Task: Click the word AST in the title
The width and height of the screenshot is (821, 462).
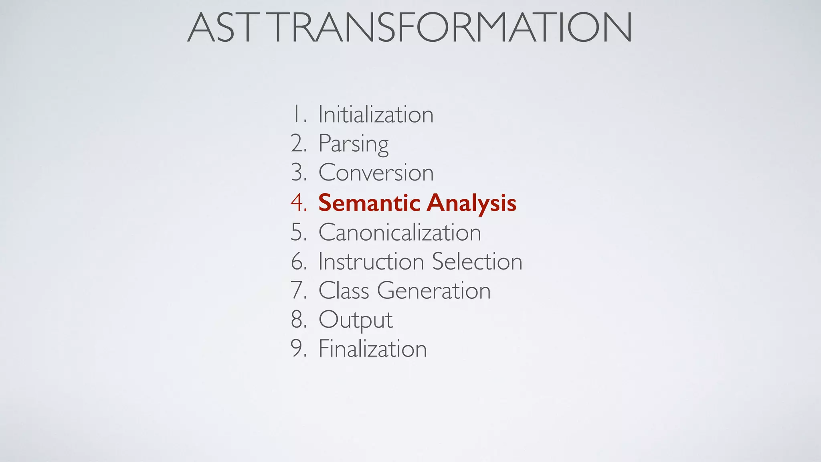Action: pyautogui.click(x=220, y=27)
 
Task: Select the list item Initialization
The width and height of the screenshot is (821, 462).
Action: pyautogui.click(x=376, y=115)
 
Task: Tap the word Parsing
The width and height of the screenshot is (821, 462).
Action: pyautogui.click(x=353, y=144)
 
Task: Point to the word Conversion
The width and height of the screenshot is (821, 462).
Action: pyautogui.click(x=376, y=173)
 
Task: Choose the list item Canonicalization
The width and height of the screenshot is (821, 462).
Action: pyautogui.click(x=399, y=232)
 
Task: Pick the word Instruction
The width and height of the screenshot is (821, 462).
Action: pyautogui.click(x=371, y=261)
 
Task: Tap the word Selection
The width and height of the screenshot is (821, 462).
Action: pyautogui.click(x=477, y=261)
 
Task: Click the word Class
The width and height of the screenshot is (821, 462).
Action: pyautogui.click(x=344, y=290)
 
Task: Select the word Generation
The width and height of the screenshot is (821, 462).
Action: pyautogui.click(x=433, y=290)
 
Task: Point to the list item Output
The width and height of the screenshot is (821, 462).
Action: pyautogui.click(x=355, y=320)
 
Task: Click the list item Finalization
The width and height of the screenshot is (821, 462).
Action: pyautogui.click(x=372, y=349)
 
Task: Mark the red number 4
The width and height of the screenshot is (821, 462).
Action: pyautogui.click(x=298, y=203)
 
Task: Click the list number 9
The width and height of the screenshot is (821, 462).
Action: pyautogui.click(x=298, y=349)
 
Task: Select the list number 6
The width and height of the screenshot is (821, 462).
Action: pyautogui.click(x=298, y=261)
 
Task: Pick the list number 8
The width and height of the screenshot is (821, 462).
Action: pyautogui.click(x=298, y=320)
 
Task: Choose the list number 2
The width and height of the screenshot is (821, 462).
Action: pyautogui.click(x=298, y=144)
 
